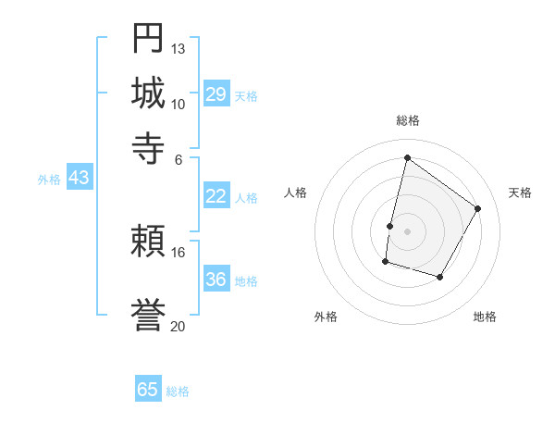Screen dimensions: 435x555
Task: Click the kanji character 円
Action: click(149, 39)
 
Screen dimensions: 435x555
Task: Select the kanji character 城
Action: click(149, 93)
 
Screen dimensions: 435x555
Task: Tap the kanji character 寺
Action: click(149, 148)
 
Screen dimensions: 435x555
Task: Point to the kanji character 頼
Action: click(149, 242)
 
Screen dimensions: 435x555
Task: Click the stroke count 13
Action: click(179, 48)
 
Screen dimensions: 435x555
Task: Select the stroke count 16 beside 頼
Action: click(179, 252)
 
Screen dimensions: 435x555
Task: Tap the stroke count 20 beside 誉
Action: click(179, 326)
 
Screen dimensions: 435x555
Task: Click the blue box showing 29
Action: click(216, 93)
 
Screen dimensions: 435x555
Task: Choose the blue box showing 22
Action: click(216, 195)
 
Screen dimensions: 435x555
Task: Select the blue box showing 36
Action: click(216, 279)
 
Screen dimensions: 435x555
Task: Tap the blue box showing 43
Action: click(80, 178)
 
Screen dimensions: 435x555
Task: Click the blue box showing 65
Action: click(148, 390)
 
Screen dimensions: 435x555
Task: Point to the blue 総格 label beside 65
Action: click(178, 391)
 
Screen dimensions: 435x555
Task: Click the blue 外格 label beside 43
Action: click(49, 180)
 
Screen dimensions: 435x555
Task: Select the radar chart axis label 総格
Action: click(407, 120)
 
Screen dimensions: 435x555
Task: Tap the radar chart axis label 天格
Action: click(520, 193)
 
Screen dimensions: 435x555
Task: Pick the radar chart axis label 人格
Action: click(295, 193)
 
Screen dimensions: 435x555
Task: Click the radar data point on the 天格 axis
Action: click(478, 208)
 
